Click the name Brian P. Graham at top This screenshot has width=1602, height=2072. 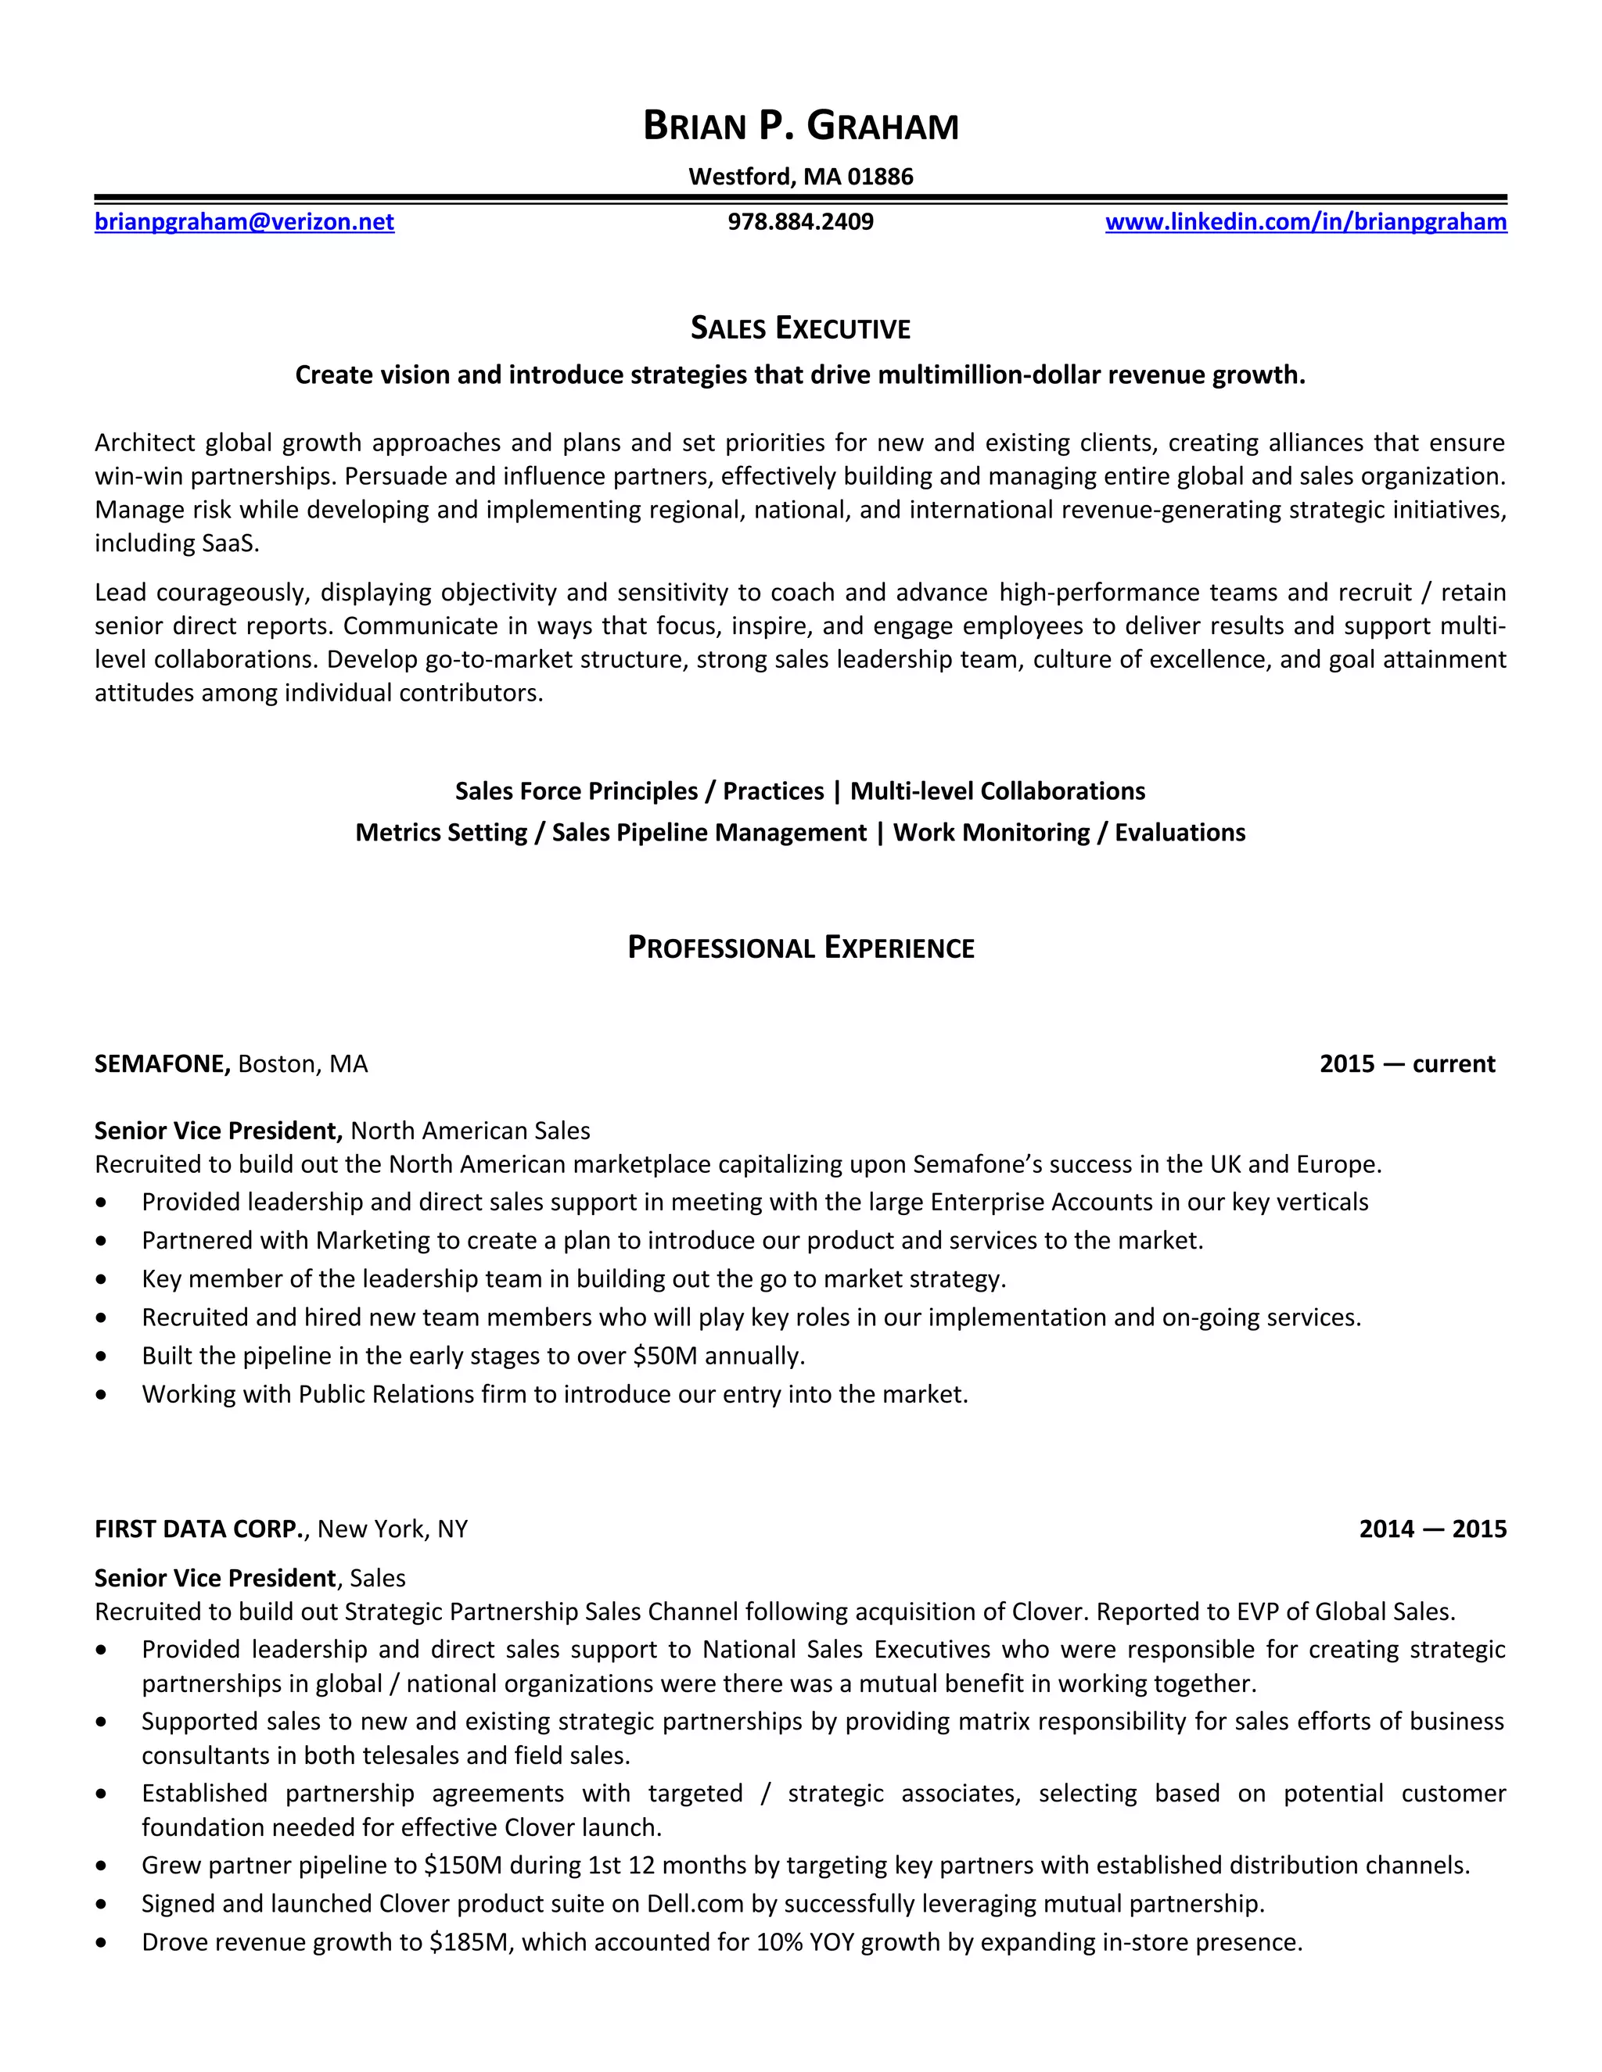tap(800, 126)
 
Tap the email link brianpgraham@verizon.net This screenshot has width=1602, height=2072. tap(244, 222)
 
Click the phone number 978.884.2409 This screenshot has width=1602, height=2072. tap(800, 222)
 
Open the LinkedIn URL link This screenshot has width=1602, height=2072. tap(1305, 222)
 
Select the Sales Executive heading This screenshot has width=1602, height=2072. tap(800, 328)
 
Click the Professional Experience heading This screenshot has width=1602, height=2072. tap(800, 948)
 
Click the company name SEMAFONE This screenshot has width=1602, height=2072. tap(161, 1063)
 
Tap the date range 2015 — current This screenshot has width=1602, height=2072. tap(1406, 1063)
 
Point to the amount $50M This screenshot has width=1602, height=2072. tap(664, 1356)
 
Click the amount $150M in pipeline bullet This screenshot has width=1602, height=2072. tap(462, 1865)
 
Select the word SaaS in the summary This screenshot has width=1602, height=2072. tap(228, 543)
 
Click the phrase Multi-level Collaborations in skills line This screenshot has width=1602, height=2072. tap(997, 791)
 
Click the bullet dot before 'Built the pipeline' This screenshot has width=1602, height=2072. tap(102, 1357)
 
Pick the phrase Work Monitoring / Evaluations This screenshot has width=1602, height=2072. tap(1069, 833)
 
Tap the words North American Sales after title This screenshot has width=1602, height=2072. tap(470, 1131)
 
